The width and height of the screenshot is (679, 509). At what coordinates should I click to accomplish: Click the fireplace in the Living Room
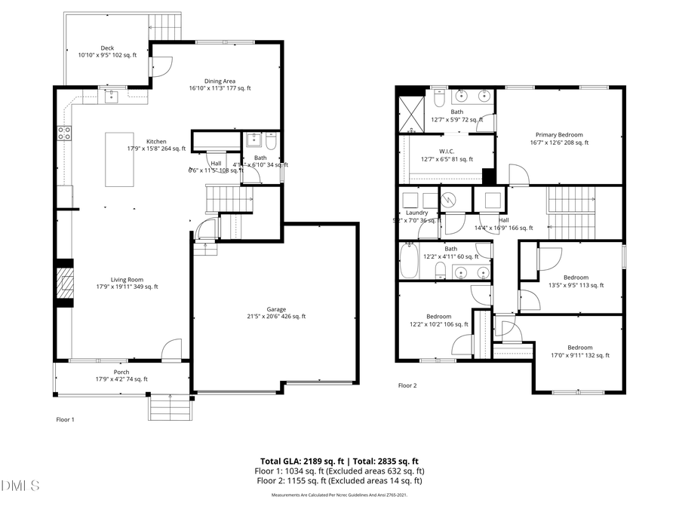pos(66,284)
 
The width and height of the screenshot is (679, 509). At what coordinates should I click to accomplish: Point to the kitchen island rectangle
pos(117,159)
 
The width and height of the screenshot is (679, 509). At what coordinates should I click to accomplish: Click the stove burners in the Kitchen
pos(65,133)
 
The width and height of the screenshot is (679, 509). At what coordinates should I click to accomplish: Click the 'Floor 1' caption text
pos(66,419)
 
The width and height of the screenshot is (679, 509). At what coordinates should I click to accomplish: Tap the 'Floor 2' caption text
pos(407,385)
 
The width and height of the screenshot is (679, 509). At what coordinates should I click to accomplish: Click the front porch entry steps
pos(168,409)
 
